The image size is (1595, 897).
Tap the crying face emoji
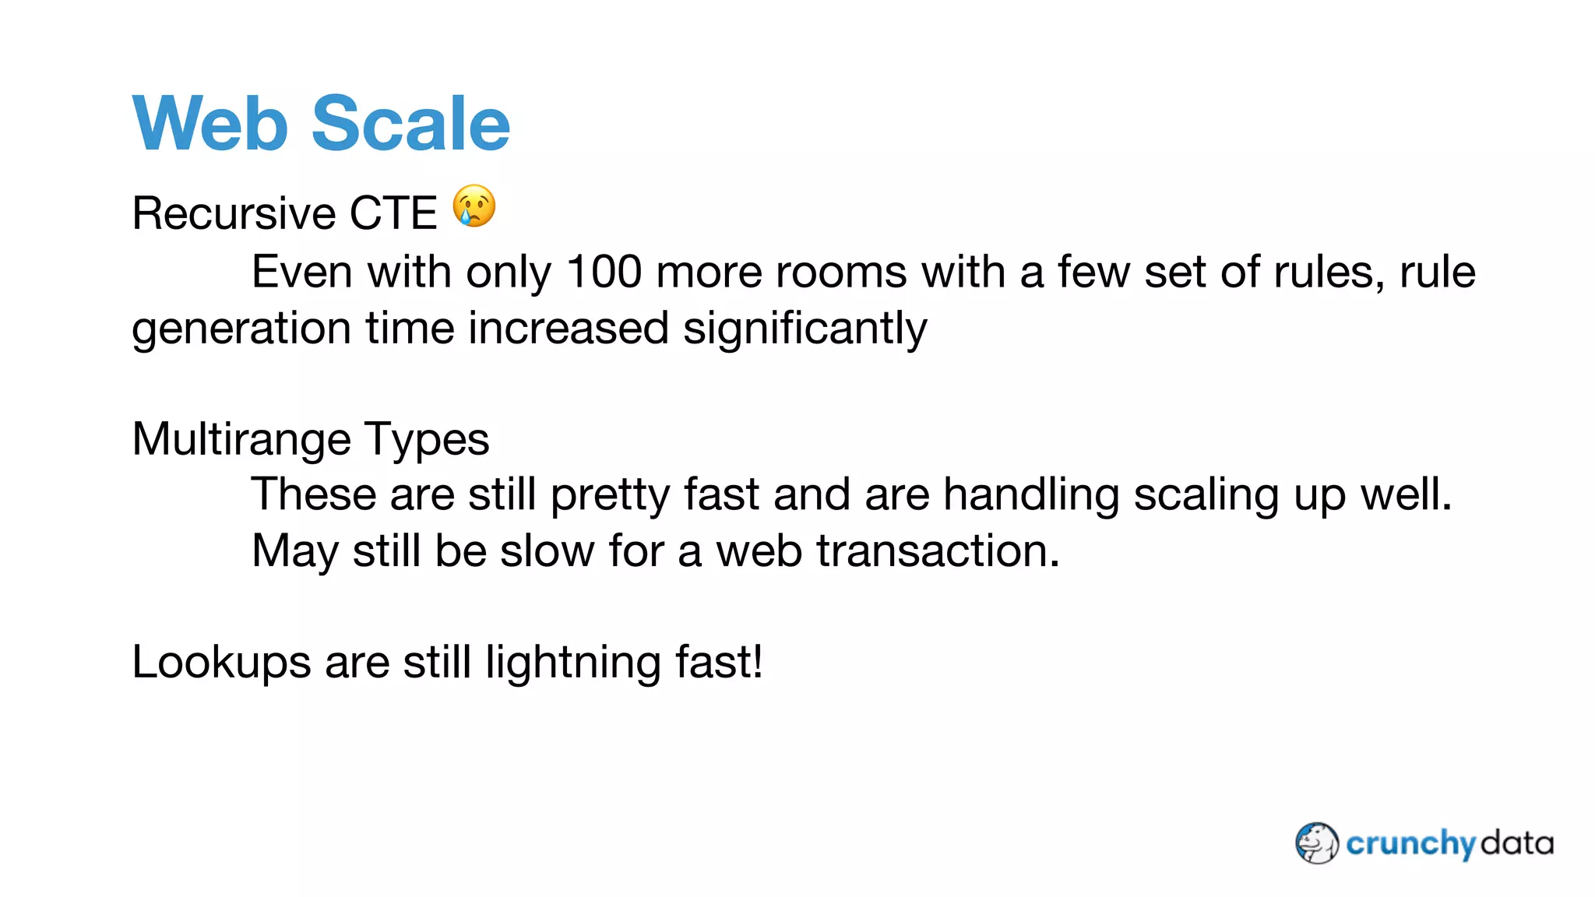click(x=474, y=206)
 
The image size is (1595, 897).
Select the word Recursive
click(x=234, y=213)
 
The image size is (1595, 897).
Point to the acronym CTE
click(x=393, y=213)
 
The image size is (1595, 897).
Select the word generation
click(x=241, y=329)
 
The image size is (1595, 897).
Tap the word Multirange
click(x=241, y=439)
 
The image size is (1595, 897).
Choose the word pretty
click(x=610, y=496)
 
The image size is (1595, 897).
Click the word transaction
click(x=938, y=551)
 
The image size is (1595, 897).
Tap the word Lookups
click(x=221, y=663)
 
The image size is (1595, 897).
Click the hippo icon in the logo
click(x=1317, y=843)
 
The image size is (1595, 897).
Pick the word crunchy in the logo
click(x=1410, y=844)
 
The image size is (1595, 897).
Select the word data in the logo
click(x=1516, y=843)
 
